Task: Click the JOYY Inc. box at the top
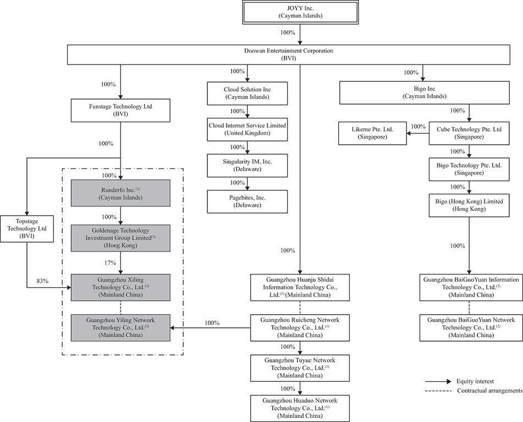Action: tap(300, 12)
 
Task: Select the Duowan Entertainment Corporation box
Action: tap(289, 54)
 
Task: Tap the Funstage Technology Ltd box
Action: tap(120, 111)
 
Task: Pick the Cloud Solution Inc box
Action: tap(247, 94)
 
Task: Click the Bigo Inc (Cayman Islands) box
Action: tap(424, 92)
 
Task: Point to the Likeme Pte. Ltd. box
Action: tap(372, 133)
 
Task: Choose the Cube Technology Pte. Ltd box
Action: tap(469, 133)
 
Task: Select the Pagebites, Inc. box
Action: tap(247, 201)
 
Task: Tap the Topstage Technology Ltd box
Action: tap(27, 229)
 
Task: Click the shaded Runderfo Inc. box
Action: tap(120, 194)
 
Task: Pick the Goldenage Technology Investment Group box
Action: tap(120, 238)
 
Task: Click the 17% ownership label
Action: tap(110, 263)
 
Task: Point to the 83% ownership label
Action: tap(42, 281)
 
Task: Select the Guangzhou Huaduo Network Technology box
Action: tap(300, 408)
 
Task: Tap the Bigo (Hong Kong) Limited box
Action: tap(469, 205)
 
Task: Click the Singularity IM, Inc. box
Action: tap(247, 166)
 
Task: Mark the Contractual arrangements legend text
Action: tap(489, 391)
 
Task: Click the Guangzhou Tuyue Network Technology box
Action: tap(300, 368)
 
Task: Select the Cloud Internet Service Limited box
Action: tap(247, 129)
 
